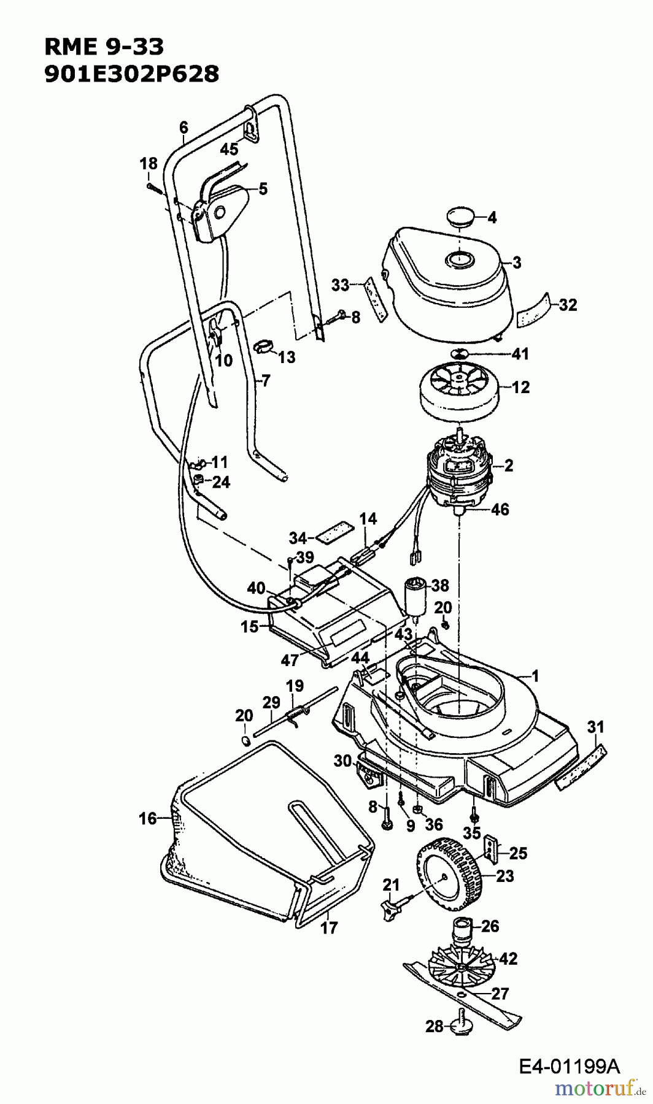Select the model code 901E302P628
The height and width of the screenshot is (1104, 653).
[131, 74]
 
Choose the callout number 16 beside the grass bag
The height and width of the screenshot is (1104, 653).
[148, 818]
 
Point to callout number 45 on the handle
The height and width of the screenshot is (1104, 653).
[229, 149]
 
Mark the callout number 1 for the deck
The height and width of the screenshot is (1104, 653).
[535, 677]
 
